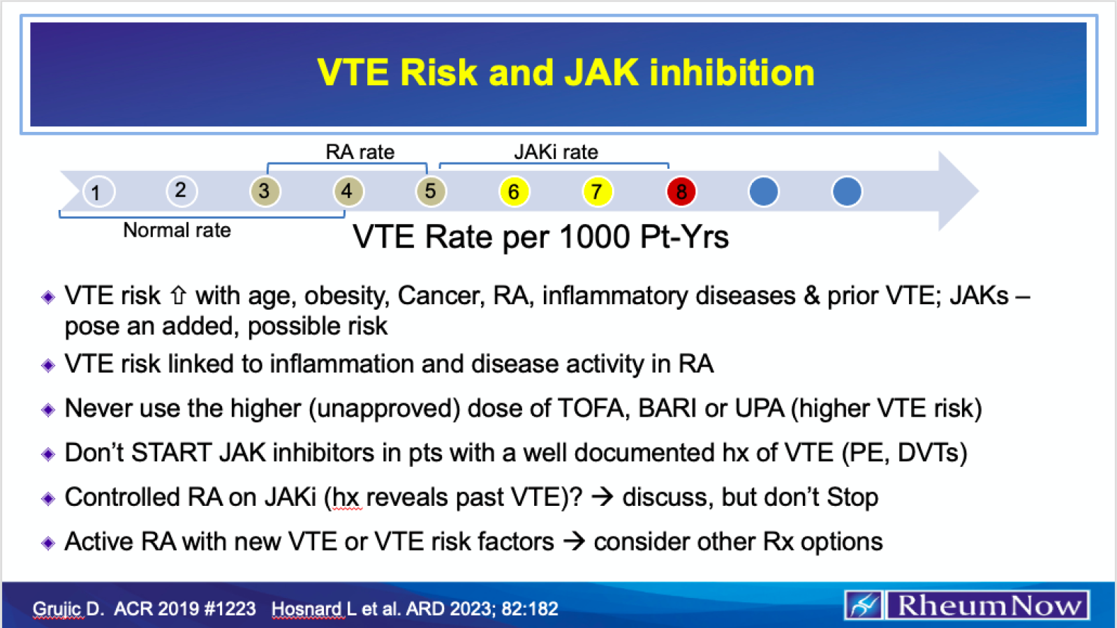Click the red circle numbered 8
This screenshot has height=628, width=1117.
[681, 191]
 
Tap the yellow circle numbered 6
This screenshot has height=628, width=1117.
[514, 191]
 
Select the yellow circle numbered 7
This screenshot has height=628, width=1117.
[597, 191]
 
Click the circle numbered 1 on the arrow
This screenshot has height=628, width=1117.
[97, 192]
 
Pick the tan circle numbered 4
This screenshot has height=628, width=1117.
[348, 191]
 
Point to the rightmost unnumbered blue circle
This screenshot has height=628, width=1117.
[847, 191]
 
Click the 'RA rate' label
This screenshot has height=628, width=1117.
[360, 152]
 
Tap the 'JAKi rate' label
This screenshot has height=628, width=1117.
[556, 152]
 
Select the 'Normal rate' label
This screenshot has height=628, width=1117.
[177, 230]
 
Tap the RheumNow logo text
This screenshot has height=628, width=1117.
[988, 605]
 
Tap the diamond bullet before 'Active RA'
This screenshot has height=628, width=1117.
[48, 543]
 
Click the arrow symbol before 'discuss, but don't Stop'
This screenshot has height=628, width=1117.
[602, 497]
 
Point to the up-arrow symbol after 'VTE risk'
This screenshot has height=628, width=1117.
[179, 296]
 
